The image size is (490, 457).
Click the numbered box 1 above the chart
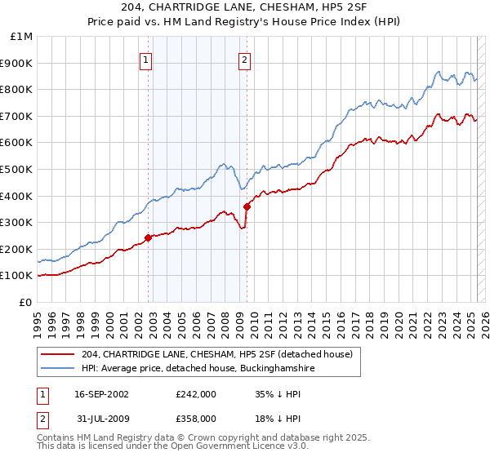click(145, 59)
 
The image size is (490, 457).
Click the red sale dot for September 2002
click(148, 237)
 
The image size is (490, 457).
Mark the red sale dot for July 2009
click(247, 206)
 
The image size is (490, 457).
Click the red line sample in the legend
click(58, 355)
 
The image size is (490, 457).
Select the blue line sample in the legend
click(58, 369)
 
